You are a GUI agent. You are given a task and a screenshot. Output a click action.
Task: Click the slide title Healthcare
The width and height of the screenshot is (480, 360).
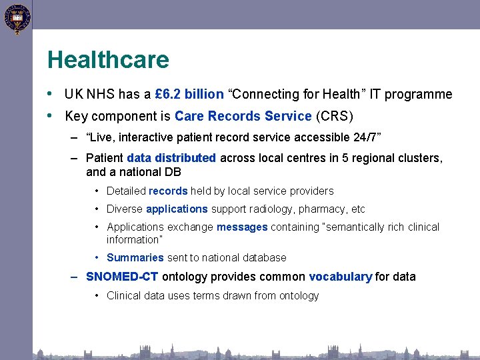click(x=108, y=60)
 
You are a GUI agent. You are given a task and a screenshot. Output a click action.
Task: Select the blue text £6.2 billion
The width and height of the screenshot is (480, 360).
click(x=189, y=95)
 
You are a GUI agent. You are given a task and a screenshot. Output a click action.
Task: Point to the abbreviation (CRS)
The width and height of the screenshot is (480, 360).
click(x=334, y=116)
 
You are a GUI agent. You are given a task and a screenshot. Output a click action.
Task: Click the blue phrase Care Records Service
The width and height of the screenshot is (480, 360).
click(x=243, y=116)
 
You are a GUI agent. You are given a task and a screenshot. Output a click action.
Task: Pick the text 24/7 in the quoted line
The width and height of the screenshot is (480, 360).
click(x=365, y=138)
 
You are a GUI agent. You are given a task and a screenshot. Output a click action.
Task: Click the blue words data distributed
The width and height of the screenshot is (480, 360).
click(x=171, y=158)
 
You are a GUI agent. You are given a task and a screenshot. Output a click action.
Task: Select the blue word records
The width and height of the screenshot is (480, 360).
click(x=168, y=191)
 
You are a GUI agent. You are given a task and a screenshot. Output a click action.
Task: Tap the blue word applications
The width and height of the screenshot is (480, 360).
click(x=177, y=209)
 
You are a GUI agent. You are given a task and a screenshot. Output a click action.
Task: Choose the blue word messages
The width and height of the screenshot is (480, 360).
click(x=242, y=227)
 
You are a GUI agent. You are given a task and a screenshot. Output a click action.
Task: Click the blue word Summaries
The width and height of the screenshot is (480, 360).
click(x=135, y=257)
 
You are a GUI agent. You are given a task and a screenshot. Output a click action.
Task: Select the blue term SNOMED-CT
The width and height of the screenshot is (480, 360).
click(x=122, y=277)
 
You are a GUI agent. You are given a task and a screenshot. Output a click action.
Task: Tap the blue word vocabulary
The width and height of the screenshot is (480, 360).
click(x=340, y=277)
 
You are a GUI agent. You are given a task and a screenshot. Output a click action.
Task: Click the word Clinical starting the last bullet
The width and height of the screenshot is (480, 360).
click(x=123, y=295)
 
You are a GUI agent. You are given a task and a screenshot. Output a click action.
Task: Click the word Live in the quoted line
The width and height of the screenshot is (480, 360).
click(x=101, y=138)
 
